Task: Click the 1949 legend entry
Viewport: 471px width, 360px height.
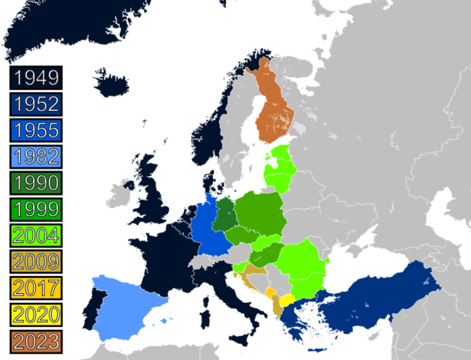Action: pyautogui.click(x=37, y=78)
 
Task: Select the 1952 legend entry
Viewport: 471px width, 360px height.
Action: pyautogui.click(x=37, y=104)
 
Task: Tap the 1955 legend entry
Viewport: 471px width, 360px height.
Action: pyautogui.click(x=37, y=130)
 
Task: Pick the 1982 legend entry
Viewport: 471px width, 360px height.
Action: pyautogui.click(x=37, y=157)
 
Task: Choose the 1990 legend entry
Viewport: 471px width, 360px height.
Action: pyautogui.click(x=37, y=182)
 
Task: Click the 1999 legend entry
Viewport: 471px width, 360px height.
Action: pyautogui.click(x=37, y=208)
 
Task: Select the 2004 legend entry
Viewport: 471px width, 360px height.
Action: pyautogui.click(x=37, y=235)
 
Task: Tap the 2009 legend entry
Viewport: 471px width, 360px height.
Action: pyautogui.click(x=37, y=261)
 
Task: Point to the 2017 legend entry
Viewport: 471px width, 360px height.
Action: pyautogui.click(x=37, y=286)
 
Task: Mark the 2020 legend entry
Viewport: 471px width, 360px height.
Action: pyautogui.click(x=37, y=313)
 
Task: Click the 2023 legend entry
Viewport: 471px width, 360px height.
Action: pyautogui.click(x=37, y=339)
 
